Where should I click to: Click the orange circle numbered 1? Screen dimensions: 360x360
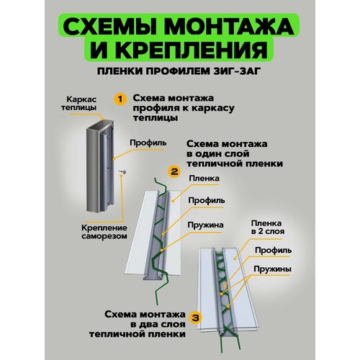120,99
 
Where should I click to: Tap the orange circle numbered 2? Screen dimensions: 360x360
174,171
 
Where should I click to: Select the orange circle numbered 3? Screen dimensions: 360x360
196,318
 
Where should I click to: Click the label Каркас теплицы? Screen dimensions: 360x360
78,103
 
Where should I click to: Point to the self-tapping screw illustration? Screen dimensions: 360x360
123,171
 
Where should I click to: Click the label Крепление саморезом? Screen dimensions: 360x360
104,232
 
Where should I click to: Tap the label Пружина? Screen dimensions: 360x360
205,225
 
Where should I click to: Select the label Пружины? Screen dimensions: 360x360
273,269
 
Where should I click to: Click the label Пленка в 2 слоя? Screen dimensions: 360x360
267,228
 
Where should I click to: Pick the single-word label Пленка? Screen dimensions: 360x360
204,179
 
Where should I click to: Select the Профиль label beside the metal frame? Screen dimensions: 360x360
148,143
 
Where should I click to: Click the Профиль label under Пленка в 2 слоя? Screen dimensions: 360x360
274,251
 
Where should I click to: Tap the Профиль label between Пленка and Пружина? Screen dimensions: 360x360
207,200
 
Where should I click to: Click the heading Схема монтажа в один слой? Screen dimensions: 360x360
235,154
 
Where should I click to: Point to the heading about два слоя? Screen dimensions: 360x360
138,324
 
